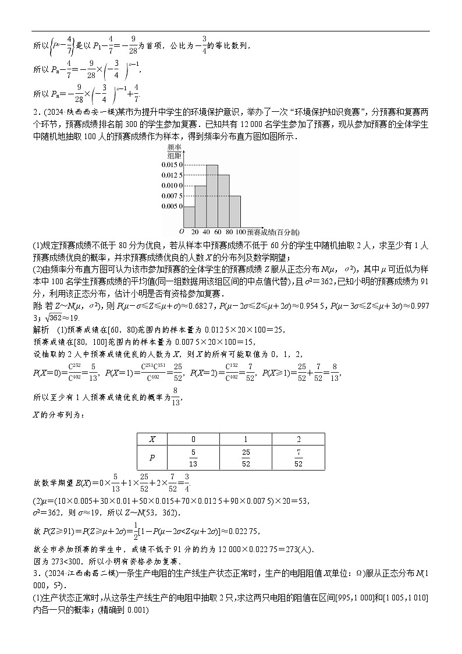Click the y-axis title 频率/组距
[174, 152]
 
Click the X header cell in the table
[152, 440]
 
